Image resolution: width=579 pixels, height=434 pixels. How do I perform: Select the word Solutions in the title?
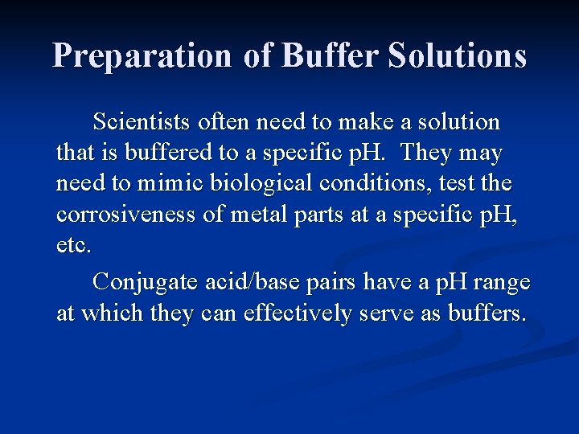pyautogui.click(x=457, y=56)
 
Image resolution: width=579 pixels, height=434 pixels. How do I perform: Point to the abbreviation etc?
pyautogui.click(x=73, y=245)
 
